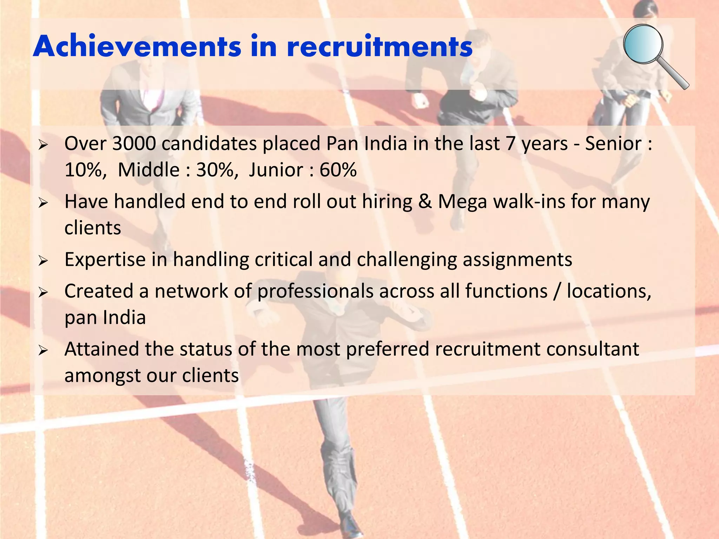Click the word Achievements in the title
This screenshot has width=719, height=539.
pyautogui.click(x=137, y=46)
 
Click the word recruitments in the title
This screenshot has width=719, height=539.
pyautogui.click(x=380, y=46)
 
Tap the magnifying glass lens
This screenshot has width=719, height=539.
pyautogui.click(x=643, y=44)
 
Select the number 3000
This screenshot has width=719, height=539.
pyautogui.click(x=134, y=144)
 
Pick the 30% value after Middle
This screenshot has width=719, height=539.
pyautogui.click(x=215, y=170)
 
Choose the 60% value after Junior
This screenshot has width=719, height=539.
pyautogui.click(x=338, y=170)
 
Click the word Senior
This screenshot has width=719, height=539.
pyautogui.click(x=613, y=144)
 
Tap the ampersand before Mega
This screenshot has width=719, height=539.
pyautogui.click(x=425, y=202)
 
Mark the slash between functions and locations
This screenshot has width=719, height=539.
pyautogui.click(x=556, y=292)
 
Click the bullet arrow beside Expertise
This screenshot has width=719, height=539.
pyautogui.click(x=43, y=261)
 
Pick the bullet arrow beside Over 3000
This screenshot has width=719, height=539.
pyautogui.click(x=43, y=145)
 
